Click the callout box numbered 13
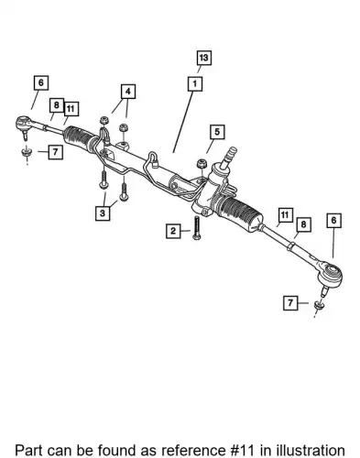203,58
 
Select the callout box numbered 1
195,83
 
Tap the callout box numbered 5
217,132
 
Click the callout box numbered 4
128,92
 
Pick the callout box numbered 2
173,231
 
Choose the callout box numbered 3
103,213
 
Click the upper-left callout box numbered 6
41,82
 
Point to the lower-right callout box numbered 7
290,302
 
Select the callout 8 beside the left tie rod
57,105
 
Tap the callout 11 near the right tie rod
285,215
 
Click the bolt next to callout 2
196,227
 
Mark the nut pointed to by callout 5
202,164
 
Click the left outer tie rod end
25,125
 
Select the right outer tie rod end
329,275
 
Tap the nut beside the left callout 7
27,152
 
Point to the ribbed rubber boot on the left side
81,137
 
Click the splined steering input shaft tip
231,153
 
